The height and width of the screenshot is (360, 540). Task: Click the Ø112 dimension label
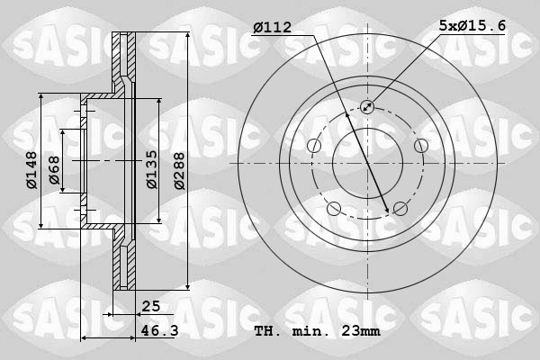point(272,28)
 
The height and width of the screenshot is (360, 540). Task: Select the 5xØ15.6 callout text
point(472,27)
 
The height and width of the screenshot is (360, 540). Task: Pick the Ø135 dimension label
point(152,168)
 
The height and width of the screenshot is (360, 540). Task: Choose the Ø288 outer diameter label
point(179,168)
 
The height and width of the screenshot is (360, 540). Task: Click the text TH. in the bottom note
point(268,331)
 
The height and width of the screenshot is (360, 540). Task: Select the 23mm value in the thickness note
point(359,331)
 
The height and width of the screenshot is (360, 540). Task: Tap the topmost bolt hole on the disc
point(367,107)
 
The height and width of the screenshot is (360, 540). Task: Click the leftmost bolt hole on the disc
point(314,146)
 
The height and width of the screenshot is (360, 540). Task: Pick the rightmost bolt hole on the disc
point(420,146)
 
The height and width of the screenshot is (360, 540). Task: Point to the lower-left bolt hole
point(334,209)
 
